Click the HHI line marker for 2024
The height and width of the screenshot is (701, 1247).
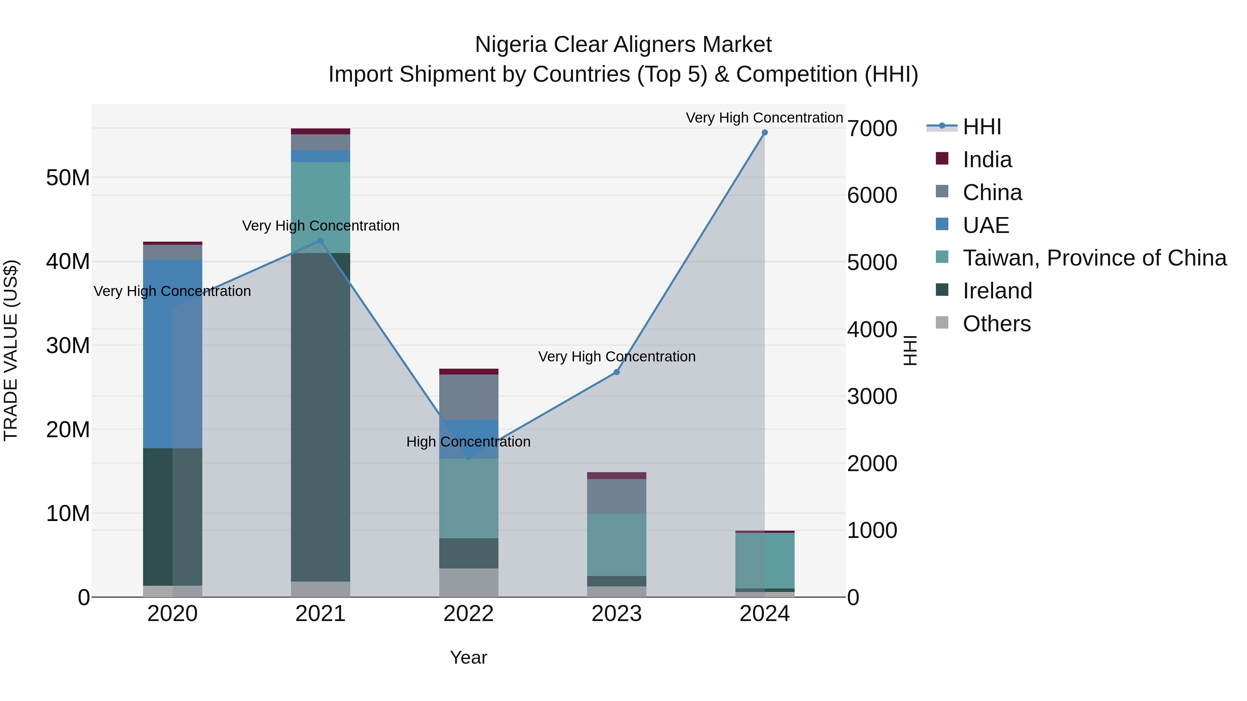pos(764,133)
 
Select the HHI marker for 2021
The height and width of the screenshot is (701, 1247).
pos(320,241)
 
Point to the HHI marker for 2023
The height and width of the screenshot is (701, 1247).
pos(616,372)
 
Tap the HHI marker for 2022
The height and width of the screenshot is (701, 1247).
pos(468,457)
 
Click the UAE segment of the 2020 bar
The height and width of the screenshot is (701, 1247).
pos(173,353)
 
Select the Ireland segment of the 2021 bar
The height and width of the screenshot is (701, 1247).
pos(320,416)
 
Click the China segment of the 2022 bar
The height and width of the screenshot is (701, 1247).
pos(468,397)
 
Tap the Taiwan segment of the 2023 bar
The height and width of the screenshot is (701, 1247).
pos(616,544)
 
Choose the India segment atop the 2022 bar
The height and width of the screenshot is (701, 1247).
pos(468,371)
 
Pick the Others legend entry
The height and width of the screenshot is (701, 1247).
pos(996,324)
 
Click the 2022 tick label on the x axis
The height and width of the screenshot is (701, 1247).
pos(468,614)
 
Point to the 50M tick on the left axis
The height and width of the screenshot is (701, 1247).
pos(68,178)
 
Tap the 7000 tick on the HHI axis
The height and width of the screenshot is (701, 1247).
pos(872,129)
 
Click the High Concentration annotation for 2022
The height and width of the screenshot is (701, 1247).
pos(468,442)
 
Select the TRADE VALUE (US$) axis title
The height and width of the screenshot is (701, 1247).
pos(11,350)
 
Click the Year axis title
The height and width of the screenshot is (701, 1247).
pos(468,657)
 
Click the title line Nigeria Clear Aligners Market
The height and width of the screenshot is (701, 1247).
pos(623,45)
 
